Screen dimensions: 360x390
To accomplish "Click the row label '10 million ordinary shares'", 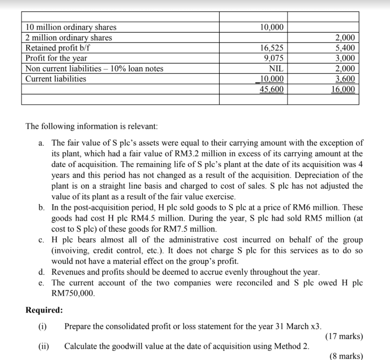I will click(x=71, y=27).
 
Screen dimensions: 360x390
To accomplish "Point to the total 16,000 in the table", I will click(x=344, y=89).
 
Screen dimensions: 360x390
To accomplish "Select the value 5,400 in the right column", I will click(x=345, y=48).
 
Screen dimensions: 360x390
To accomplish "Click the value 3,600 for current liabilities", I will click(x=345, y=79).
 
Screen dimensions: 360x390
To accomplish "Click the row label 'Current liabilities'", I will click(x=56, y=79).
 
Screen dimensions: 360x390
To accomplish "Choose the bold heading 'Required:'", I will click(x=44, y=310).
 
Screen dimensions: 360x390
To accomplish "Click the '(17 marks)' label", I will click(x=344, y=336).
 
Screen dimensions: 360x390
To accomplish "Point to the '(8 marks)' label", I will click(x=346, y=356).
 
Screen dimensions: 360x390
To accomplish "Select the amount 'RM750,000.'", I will click(x=73, y=293).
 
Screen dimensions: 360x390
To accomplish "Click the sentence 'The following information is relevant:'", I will click(x=91, y=126).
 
